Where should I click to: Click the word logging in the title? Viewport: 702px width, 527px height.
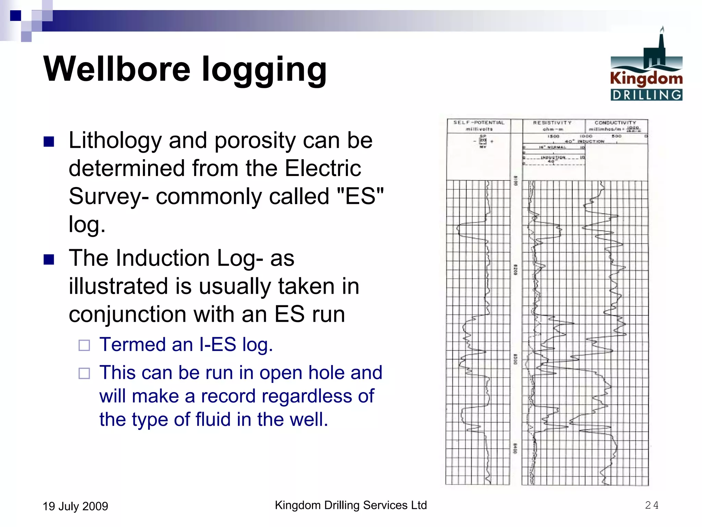point(264,70)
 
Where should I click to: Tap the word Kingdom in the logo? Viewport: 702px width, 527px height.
point(646,79)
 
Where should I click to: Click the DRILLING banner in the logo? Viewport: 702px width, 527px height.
point(646,95)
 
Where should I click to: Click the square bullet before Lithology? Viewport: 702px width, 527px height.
point(49,141)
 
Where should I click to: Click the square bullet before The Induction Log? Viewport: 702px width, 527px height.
point(49,259)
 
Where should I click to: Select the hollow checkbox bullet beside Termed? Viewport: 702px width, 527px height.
point(84,345)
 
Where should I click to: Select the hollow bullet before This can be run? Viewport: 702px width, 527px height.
point(84,373)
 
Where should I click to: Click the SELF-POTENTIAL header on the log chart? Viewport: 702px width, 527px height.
point(479,122)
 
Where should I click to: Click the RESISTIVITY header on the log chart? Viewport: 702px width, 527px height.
point(552,122)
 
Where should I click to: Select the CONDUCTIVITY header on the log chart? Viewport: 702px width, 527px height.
point(615,122)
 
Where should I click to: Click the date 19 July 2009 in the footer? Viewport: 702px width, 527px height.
point(75,506)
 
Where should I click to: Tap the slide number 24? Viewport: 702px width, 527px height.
point(652,505)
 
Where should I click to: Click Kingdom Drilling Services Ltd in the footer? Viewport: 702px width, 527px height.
point(351,505)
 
